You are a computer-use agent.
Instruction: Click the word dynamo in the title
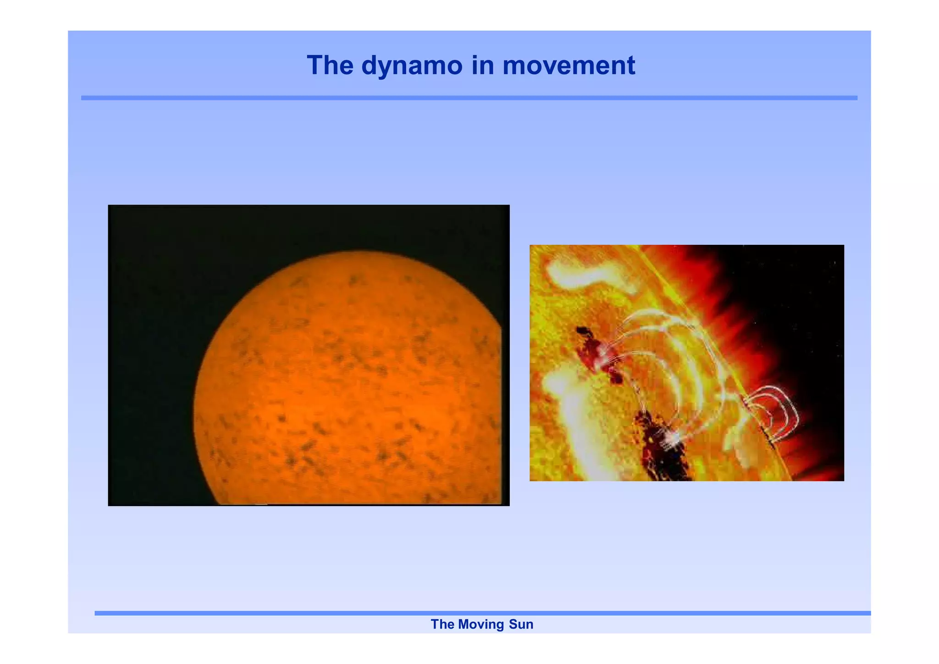tap(411, 66)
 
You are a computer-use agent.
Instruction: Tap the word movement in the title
tap(569, 66)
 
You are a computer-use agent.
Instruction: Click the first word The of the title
tap(330, 66)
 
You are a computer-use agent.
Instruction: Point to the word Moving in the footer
tap(481, 625)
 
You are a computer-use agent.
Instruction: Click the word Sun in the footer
tap(521, 625)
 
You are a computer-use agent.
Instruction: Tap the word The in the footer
tap(442, 625)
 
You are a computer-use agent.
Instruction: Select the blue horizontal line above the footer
tap(481, 613)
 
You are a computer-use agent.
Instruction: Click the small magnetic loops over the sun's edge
tap(775, 410)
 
